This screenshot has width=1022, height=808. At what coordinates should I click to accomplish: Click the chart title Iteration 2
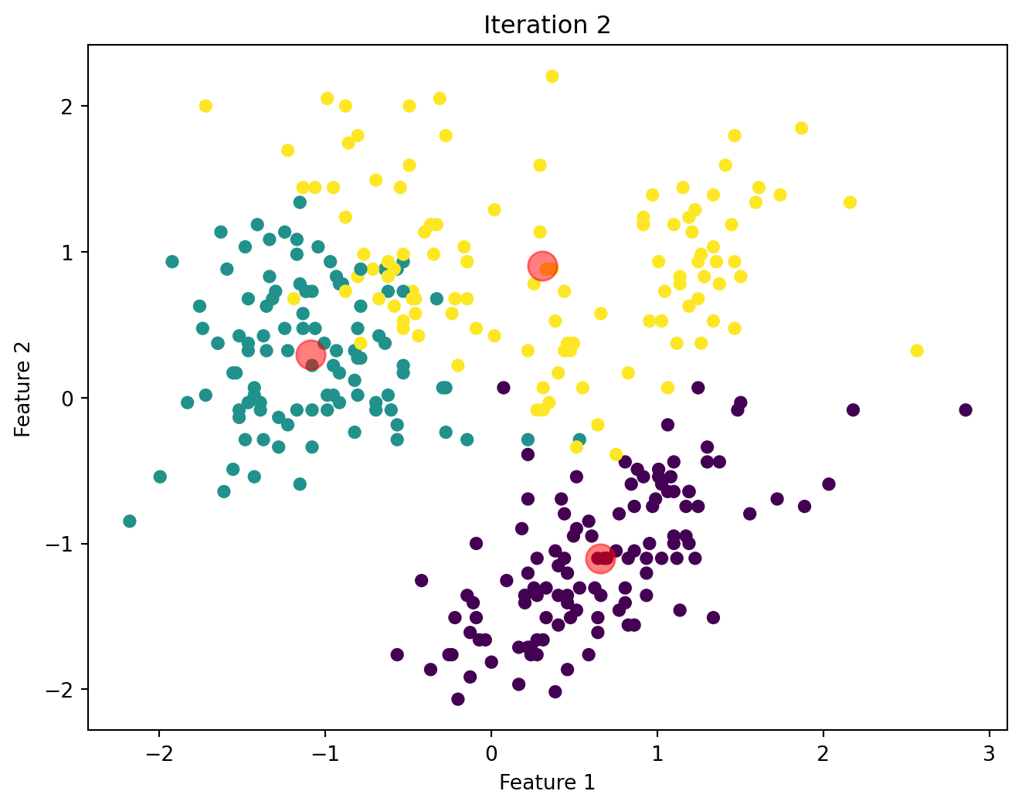point(547,25)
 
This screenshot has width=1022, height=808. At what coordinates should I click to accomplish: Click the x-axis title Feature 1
point(547,783)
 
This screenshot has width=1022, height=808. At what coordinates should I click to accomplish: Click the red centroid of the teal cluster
point(311,355)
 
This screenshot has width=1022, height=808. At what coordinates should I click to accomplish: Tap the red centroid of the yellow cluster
point(543,266)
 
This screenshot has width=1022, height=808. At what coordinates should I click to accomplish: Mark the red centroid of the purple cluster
point(600,558)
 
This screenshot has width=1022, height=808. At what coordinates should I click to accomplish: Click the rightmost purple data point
point(965,409)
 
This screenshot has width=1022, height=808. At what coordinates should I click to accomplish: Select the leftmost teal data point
point(130,521)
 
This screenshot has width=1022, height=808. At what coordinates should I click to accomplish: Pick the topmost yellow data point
point(552,76)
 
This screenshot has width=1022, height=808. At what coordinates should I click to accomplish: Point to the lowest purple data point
point(458,699)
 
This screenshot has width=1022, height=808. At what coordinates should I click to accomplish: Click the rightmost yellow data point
point(917,351)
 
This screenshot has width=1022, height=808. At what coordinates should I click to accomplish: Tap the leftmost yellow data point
point(205,106)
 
